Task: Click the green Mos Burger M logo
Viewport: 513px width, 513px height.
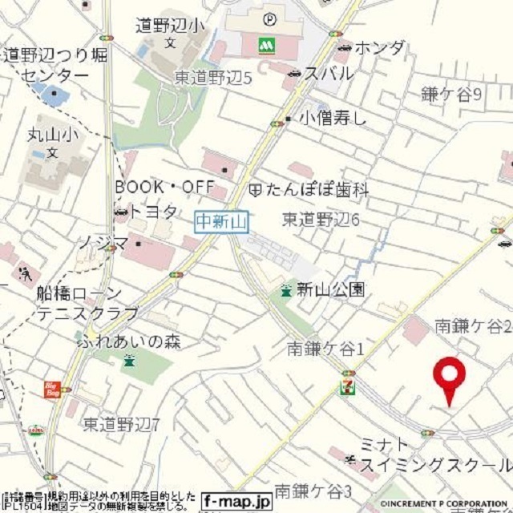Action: (x=266, y=46)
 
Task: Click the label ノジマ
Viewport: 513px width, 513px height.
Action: (x=103, y=241)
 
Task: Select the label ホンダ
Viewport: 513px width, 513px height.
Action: (x=379, y=47)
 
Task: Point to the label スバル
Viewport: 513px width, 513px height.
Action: (x=328, y=74)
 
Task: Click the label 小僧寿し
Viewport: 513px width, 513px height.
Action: (x=333, y=119)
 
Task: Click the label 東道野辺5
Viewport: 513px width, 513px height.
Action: (x=213, y=78)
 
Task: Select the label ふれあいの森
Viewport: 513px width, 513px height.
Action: (x=129, y=341)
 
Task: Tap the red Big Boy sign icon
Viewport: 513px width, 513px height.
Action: (x=52, y=390)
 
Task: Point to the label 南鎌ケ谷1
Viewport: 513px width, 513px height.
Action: (x=325, y=349)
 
